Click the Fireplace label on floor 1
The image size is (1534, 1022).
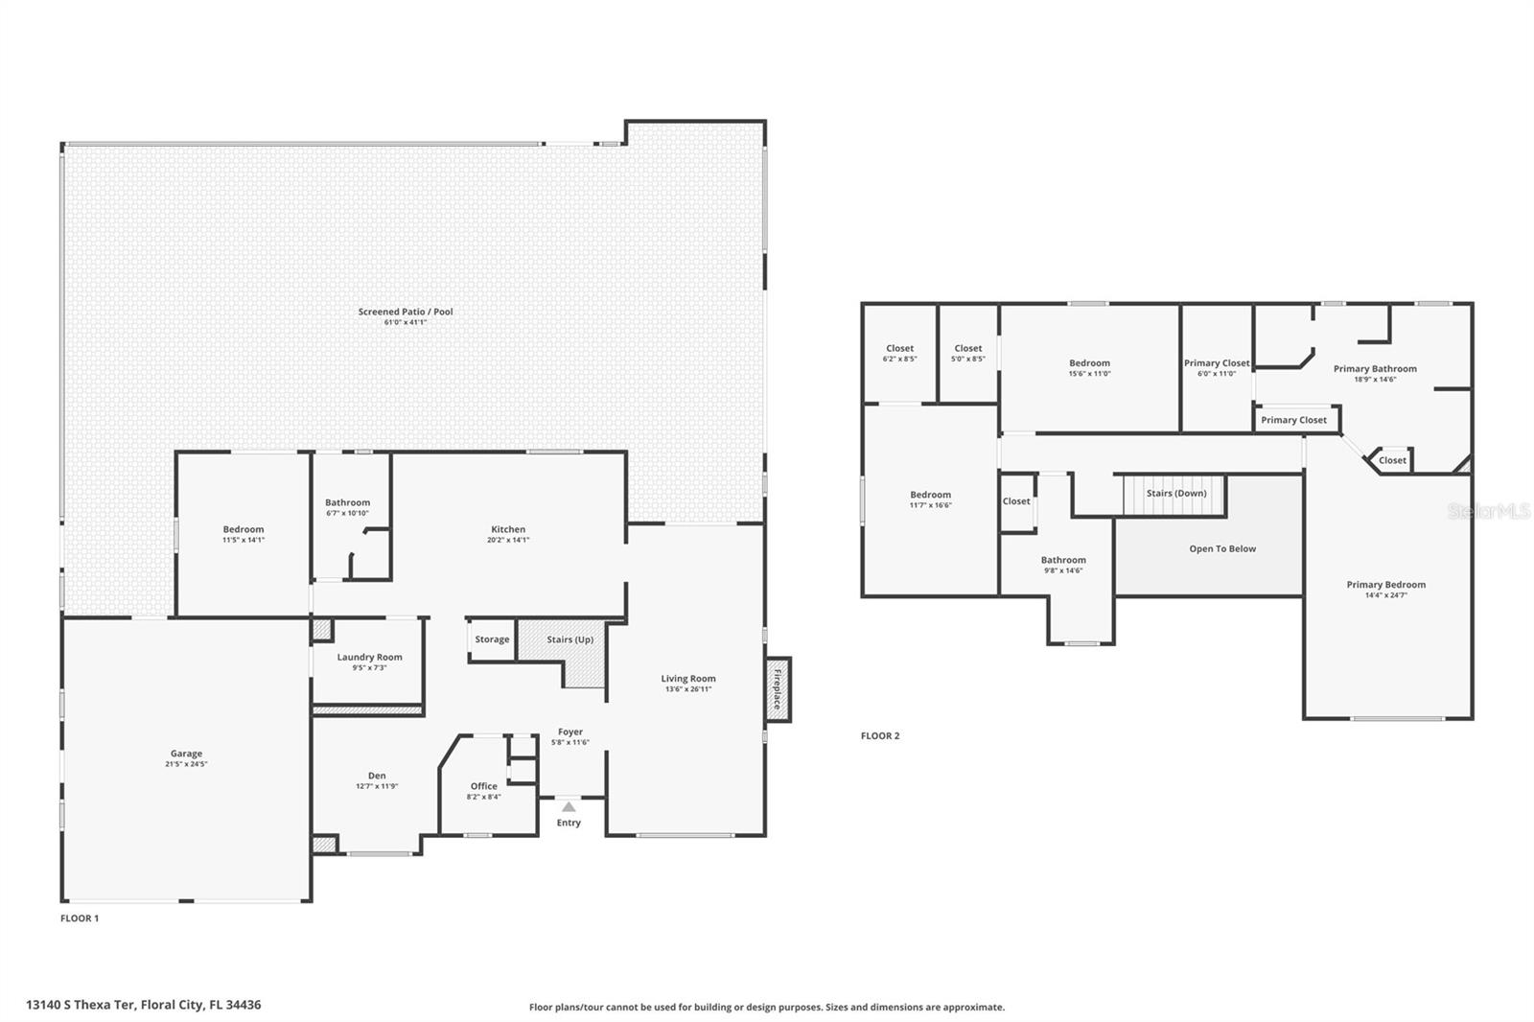(778, 689)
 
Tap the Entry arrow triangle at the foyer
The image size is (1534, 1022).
(569, 806)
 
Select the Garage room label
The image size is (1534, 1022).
(186, 754)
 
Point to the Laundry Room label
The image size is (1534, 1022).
(369, 657)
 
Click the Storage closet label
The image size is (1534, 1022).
(492, 639)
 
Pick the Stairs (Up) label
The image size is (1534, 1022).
(569, 639)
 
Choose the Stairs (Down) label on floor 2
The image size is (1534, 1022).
(1176, 493)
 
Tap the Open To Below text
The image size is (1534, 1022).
(1222, 548)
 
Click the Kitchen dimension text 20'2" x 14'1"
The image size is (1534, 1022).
(508, 540)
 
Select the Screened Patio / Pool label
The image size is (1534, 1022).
(406, 312)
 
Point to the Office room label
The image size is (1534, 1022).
(483, 786)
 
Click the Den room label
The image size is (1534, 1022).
(377, 776)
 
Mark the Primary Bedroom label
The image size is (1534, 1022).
(1385, 584)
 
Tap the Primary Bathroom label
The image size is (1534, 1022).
(1375, 368)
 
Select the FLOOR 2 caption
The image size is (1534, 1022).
(880, 735)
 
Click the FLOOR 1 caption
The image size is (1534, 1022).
(80, 917)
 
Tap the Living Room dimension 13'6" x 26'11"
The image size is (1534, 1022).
(688, 688)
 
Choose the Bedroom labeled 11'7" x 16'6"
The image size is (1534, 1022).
(930, 495)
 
